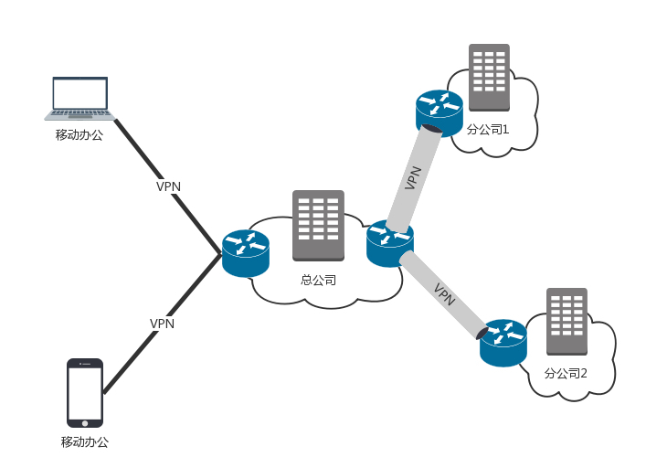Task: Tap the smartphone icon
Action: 85,392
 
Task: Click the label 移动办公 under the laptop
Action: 79,135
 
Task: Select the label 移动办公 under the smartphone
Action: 85,442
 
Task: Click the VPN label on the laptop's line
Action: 168,186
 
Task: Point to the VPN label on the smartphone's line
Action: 162,324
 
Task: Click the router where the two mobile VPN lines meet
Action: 246,252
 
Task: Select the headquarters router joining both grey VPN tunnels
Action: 390,243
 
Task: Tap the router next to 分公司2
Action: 503,342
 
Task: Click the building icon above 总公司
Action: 318,225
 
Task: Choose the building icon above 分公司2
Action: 566,322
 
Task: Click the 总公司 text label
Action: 318,280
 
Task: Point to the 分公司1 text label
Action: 487,130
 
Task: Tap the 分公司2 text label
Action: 566,373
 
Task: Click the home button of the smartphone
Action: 85,422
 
